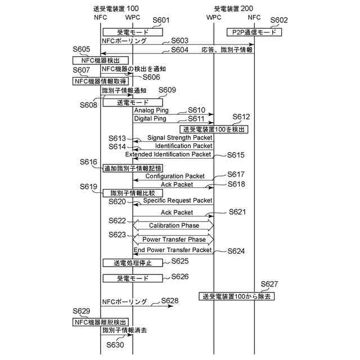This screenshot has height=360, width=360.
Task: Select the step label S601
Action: [161, 20]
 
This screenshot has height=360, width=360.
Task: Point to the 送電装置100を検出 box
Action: [214, 129]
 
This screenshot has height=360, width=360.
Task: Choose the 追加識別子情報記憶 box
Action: [133, 168]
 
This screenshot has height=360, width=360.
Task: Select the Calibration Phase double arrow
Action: [173, 225]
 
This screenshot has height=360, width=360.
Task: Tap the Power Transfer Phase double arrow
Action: [173, 239]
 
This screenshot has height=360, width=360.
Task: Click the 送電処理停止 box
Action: [133, 263]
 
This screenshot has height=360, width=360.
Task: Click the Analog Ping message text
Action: [151, 110]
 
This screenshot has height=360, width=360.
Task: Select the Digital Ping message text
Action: [150, 119]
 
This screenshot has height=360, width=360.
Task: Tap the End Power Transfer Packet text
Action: [173, 250]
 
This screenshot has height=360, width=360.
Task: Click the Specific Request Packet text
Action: [178, 200]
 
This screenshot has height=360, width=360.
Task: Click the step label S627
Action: [269, 284]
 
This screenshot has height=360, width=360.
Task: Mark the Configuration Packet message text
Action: [175, 176]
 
